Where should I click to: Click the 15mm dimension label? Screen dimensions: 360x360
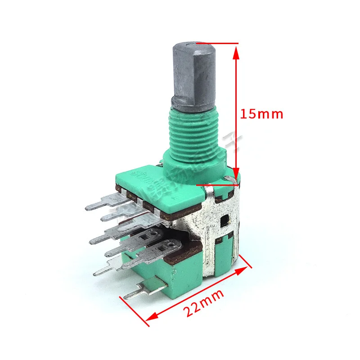pyautogui.click(x=261, y=114)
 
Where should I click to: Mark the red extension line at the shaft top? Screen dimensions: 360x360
pyautogui.click(x=216, y=43)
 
